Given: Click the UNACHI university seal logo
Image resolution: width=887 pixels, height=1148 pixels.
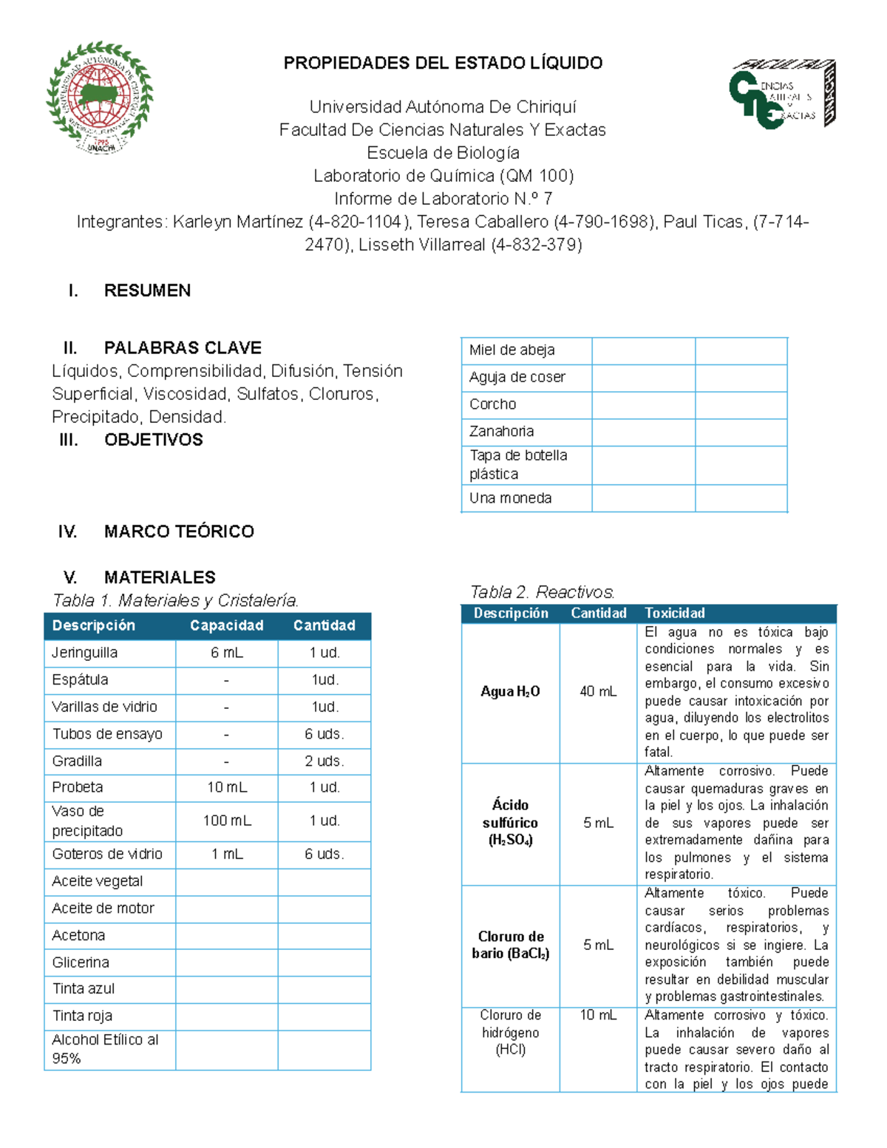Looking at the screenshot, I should [x=100, y=97].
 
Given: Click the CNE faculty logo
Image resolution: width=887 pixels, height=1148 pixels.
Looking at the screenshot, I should [x=782, y=95].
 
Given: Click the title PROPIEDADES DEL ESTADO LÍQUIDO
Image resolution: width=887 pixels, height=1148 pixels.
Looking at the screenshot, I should [x=443, y=63].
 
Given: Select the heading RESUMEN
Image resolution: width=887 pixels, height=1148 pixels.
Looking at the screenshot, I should [x=147, y=291].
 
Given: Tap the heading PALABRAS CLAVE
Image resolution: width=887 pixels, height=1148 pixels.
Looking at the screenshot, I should [x=183, y=347].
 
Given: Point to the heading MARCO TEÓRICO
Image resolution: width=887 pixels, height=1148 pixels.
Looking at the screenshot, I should [x=179, y=531].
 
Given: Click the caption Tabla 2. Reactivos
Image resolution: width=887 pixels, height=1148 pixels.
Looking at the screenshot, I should [x=542, y=592].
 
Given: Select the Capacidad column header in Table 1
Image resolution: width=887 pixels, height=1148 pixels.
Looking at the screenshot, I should [x=226, y=625].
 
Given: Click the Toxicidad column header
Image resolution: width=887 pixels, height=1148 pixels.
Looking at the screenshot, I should [x=674, y=613].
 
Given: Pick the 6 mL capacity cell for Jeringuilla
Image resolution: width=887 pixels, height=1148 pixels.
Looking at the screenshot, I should [x=226, y=653].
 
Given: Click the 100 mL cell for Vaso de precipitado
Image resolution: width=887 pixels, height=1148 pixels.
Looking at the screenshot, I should [x=226, y=821].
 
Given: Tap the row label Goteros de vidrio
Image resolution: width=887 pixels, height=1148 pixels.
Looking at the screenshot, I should [x=107, y=854].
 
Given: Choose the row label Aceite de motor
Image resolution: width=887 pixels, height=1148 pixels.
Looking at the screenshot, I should [x=103, y=908].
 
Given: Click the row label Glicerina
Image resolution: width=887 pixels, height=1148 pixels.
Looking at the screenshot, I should [x=81, y=962].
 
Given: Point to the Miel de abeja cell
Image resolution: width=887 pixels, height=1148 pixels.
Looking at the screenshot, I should [x=512, y=350].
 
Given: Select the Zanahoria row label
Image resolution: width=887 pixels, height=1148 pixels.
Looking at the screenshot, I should [x=501, y=432].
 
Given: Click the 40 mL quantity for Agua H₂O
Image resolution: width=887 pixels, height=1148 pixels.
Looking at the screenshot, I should [x=598, y=692].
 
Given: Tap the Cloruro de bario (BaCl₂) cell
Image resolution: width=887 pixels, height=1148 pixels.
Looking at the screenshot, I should [x=510, y=945].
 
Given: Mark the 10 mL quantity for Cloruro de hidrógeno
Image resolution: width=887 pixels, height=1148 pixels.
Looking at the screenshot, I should [x=598, y=1015].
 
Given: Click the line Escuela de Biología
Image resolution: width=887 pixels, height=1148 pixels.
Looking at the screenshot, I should [x=443, y=153].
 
